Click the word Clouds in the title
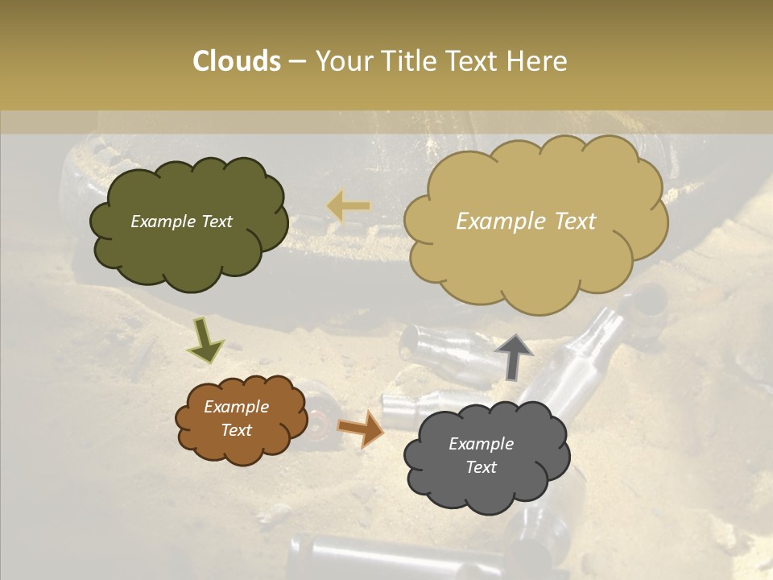[236, 61]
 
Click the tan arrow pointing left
[349, 206]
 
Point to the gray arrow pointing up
[514, 355]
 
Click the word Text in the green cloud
[216, 222]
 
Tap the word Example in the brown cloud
[236, 407]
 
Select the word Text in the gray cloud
[481, 467]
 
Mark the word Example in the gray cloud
[481, 444]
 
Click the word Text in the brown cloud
[236, 430]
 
